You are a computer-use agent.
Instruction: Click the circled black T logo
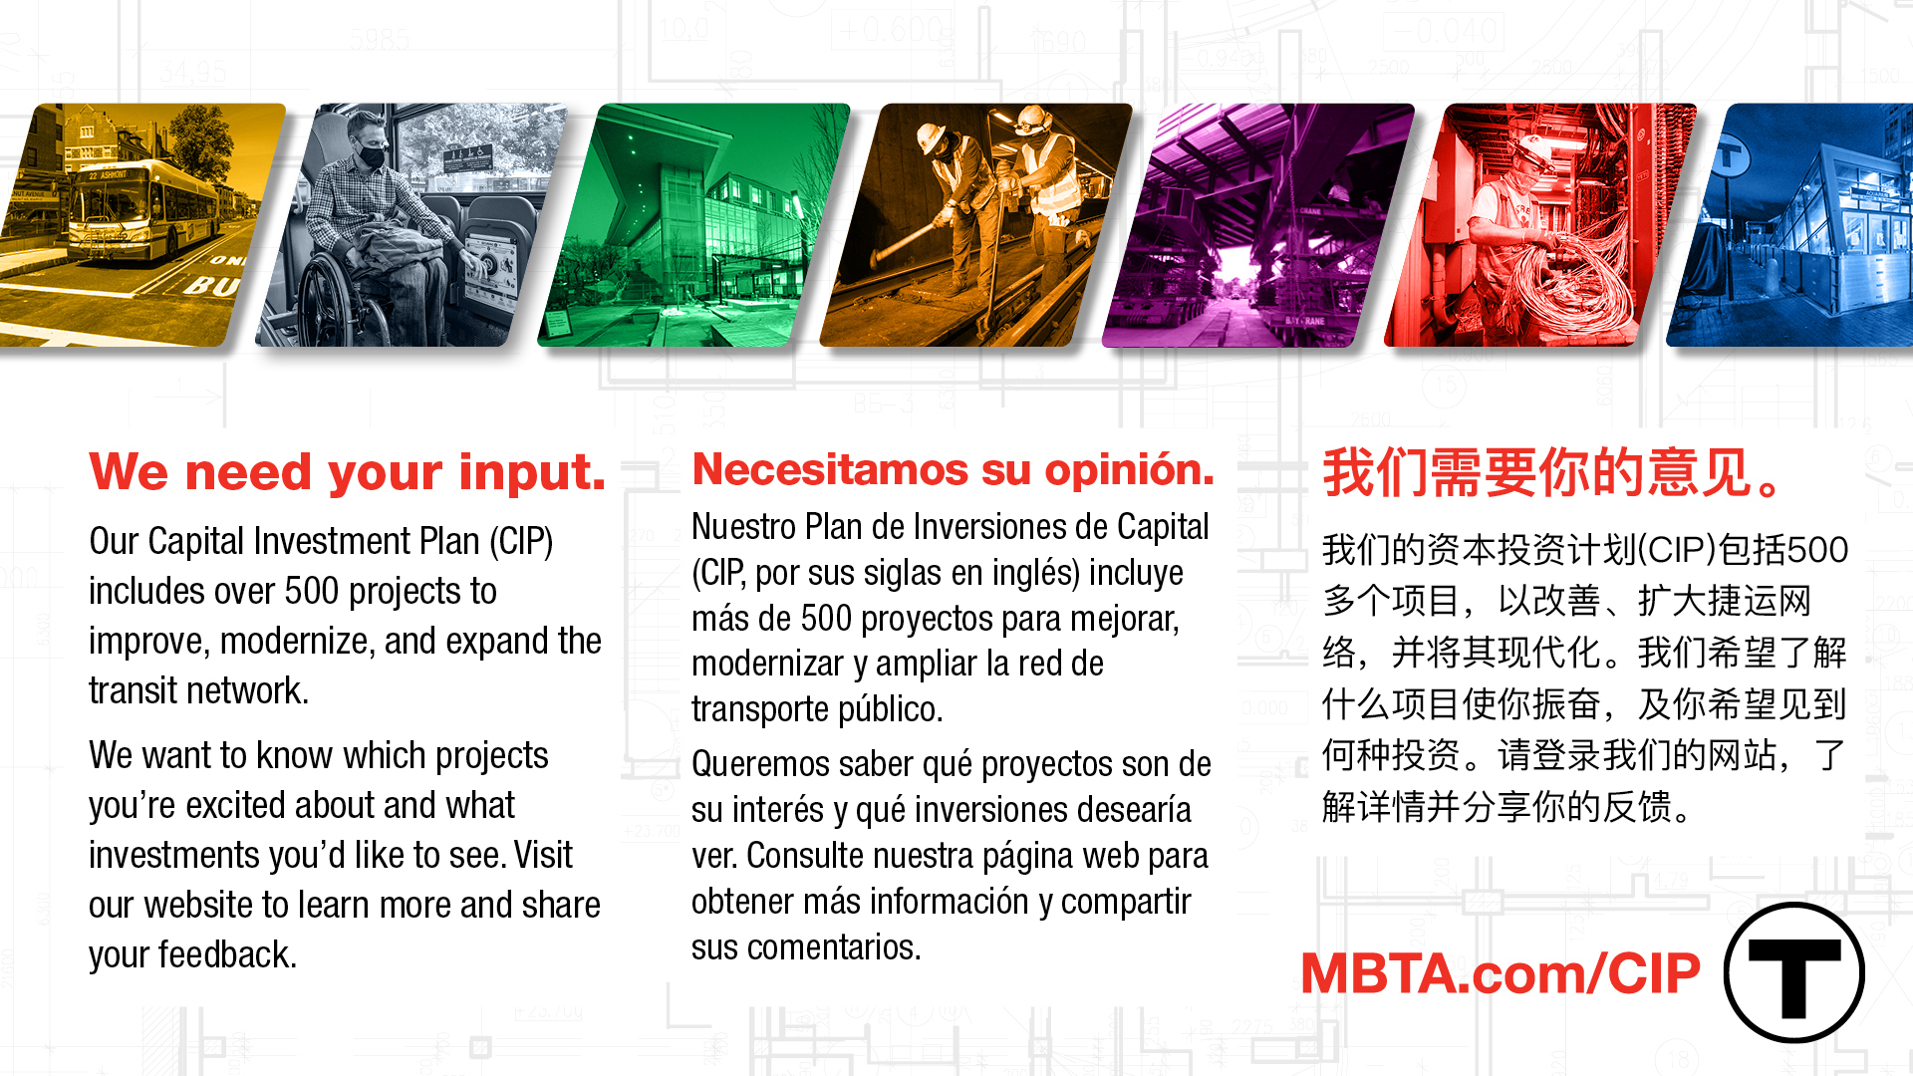tap(1793, 972)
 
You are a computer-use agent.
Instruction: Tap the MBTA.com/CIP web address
tap(1500, 973)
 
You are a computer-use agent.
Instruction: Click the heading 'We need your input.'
tap(347, 472)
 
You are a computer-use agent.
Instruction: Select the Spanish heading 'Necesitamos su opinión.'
tap(953, 469)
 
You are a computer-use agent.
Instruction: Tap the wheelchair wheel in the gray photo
tap(329, 304)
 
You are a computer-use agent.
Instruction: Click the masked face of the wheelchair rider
tap(371, 149)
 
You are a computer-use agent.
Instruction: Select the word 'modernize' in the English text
tap(296, 642)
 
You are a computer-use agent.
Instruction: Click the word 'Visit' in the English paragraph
tap(543, 856)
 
